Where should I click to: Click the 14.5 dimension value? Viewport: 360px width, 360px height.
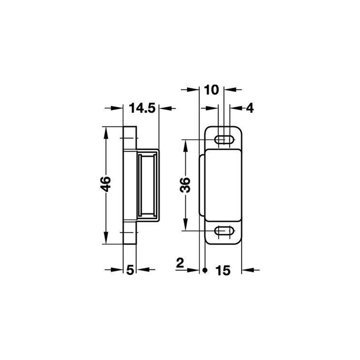pyautogui.click(x=142, y=108)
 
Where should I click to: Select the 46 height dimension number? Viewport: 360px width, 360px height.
pyautogui.click(x=106, y=184)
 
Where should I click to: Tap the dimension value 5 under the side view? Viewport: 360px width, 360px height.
pyautogui.click(x=130, y=270)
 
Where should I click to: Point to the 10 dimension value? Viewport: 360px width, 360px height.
pyautogui.click(x=211, y=90)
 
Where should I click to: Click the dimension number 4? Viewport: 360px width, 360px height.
pyautogui.click(x=250, y=108)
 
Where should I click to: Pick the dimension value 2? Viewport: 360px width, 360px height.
pyautogui.click(x=180, y=263)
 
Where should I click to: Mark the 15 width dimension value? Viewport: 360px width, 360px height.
pyautogui.click(x=223, y=270)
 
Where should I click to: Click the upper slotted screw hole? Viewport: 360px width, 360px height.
pyautogui.click(x=224, y=139)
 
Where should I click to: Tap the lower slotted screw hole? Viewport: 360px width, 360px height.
pyautogui.click(x=224, y=230)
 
